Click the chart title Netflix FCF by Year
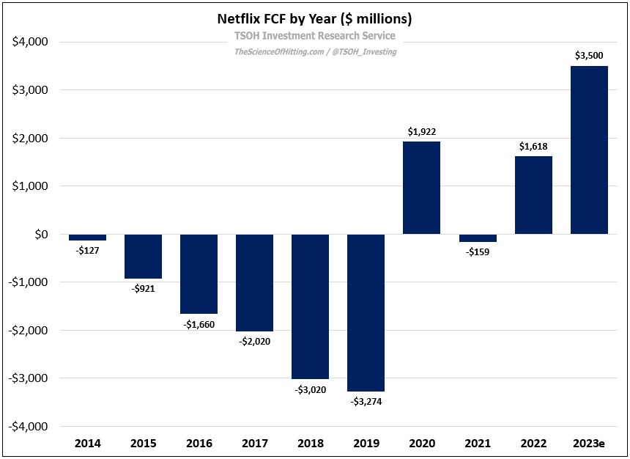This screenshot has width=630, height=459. (314, 18)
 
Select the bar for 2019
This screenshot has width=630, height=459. (366, 312)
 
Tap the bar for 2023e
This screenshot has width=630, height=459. (589, 150)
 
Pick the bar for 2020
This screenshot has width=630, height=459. (421, 188)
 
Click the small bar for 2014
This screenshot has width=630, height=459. (87, 238)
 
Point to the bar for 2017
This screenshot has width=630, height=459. (254, 282)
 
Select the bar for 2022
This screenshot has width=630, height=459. (533, 195)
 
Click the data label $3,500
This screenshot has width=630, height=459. (589, 56)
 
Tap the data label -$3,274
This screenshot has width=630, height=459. (366, 401)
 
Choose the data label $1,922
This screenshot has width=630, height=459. (421, 131)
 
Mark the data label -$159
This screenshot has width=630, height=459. (478, 251)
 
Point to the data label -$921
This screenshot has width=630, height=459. (143, 288)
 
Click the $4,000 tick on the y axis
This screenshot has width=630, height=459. (30, 43)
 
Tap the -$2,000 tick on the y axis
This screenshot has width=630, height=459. (29, 330)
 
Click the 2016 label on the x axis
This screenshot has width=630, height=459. (199, 444)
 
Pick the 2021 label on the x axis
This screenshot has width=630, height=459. (478, 444)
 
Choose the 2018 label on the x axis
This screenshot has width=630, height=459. (310, 444)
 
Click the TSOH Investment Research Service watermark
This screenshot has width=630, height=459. (314, 35)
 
